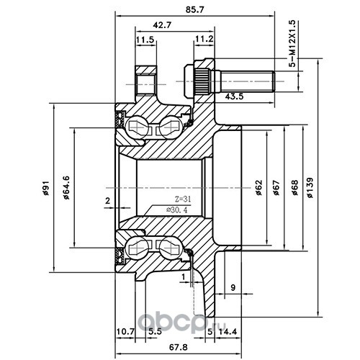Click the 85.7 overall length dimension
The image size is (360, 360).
point(194,9)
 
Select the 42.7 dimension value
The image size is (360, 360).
point(162,25)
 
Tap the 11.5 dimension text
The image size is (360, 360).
point(145,40)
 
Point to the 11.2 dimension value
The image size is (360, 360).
point(204,39)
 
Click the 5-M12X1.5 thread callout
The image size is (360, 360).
point(293,44)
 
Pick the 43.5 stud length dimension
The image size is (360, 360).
point(235,96)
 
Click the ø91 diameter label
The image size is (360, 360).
point(45,188)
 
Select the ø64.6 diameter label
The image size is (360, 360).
point(66,188)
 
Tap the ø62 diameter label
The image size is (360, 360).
point(258,187)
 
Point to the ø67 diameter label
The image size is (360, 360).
point(276,187)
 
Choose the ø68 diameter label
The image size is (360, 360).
point(294,187)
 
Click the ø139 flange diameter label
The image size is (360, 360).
point(310,187)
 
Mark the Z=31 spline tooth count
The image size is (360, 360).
point(182,199)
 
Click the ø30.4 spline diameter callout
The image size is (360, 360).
point(177,210)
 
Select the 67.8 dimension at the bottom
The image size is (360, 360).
point(179,347)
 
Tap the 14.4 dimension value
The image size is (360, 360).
point(227,331)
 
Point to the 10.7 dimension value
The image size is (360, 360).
point(125,332)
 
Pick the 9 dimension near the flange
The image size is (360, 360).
point(233,287)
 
